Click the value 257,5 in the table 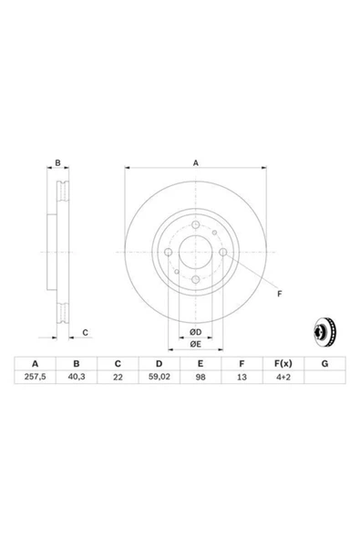coord(36,377)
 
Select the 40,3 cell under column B coord(77,377)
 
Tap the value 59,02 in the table coord(159,377)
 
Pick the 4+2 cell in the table coord(283,377)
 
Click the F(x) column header coord(283,363)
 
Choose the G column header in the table coord(324,363)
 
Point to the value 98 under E coord(201,377)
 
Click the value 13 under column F coord(242,377)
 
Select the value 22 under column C coord(118,377)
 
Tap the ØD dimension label coord(195,332)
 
